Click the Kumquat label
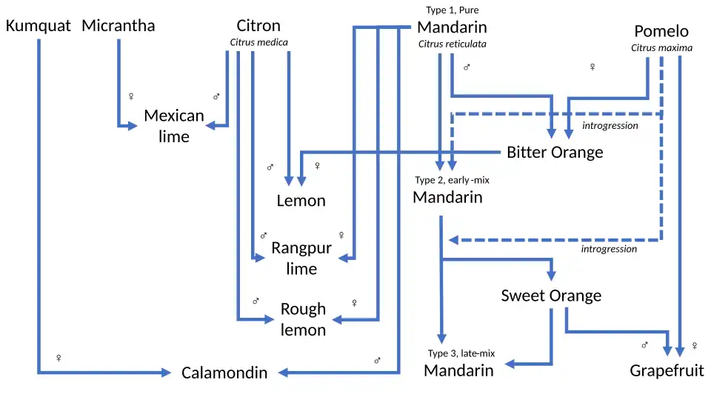coord(39,26)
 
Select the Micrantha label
coord(118,26)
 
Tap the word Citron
coord(258,26)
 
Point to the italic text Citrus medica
coord(258,42)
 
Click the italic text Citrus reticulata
coord(452,44)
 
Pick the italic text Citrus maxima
coord(661,48)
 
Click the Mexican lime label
coord(174,126)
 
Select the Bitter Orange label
coord(555,153)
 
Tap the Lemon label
coord(301,201)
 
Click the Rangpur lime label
coord(301,259)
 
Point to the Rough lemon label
coord(303,319)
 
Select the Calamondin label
coord(224,373)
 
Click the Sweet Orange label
coord(551,296)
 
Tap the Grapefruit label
coord(667,370)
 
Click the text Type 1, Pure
coord(452,10)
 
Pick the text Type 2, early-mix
coord(452,180)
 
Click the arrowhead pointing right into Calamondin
coord(167,373)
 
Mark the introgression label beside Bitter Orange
coord(610,126)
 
